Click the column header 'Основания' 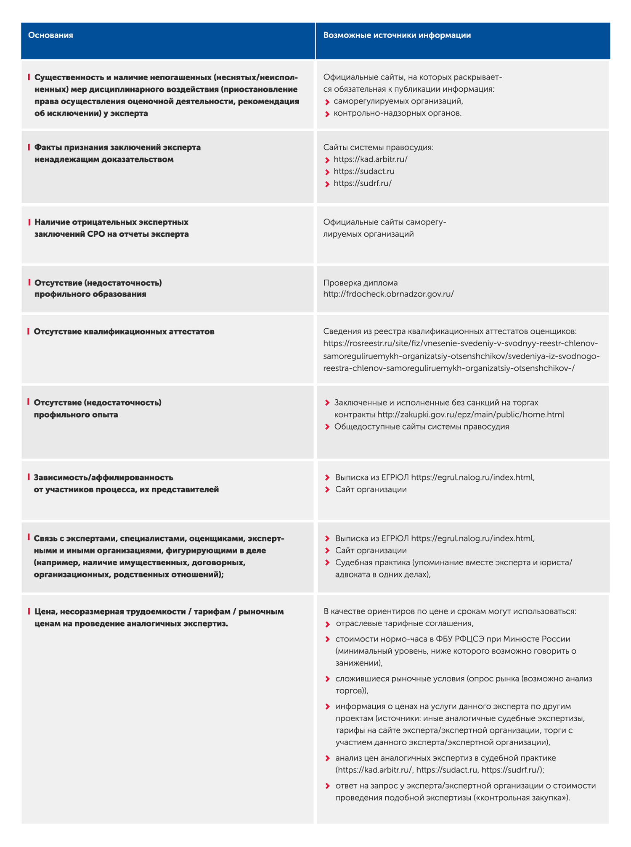tap(50, 35)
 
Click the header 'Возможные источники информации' tap(397, 35)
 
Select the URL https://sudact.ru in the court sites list tap(364, 172)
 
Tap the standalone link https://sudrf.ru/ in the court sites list tap(362, 183)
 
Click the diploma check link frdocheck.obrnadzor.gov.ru tap(388, 294)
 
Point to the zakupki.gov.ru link tap(470, 415)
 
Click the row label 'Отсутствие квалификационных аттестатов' tap(124, 332)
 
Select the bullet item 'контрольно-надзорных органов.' tap(398, 113)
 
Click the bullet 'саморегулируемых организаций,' tap(398, 101)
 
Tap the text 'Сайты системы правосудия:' tap(378, 148)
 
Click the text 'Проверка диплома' tap(360, 283)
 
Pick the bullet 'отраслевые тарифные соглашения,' tap(405, 624)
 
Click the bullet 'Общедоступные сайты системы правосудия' tap(422, 427)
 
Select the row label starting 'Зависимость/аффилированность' tap(103, 478)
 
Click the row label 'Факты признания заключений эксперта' tap(117, 148)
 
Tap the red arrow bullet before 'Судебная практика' tap(327, 563)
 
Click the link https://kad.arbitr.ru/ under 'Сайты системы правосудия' tap(370, 160)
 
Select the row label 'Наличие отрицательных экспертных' tap(111, 222)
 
